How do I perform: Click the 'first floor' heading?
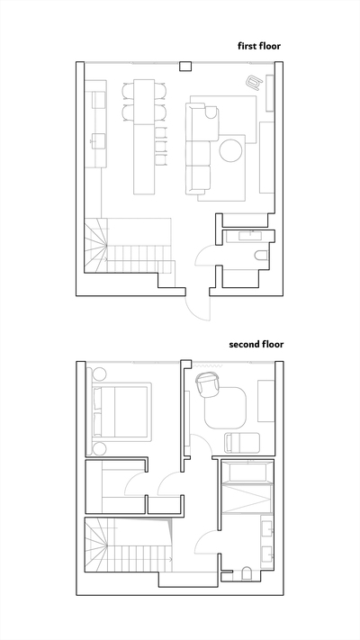coord(259,46)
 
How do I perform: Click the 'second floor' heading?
coord(256,344)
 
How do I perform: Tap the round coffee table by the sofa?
coord(231,150)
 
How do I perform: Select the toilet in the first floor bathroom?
coord(261,256)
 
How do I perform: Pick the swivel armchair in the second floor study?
coord(208,384)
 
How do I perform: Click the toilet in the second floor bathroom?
coord(247,573)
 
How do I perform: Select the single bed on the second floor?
coord(242,443)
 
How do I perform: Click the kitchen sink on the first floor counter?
coord(98,140)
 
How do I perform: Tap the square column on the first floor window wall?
coord(185,66)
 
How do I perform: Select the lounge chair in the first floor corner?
coord(255,82)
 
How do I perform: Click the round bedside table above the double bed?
coord(99,374)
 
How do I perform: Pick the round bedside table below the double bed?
coord(99,448)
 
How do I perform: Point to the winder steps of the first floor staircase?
coord(96,246)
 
